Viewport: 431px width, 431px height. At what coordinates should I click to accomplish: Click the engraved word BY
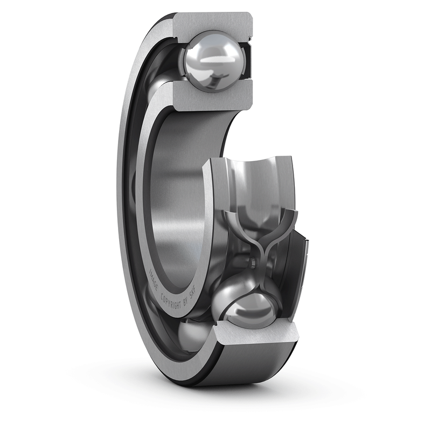tap(187, 304)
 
